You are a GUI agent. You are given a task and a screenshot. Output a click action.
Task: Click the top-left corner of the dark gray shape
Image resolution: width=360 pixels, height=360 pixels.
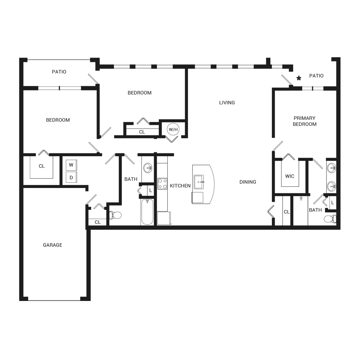(x=19, y=58)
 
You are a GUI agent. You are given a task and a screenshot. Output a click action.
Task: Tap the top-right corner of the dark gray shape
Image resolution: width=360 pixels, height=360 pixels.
(x=340, y=58)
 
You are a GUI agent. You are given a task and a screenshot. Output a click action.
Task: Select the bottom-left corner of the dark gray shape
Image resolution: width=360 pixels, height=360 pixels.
(x=19, y=301)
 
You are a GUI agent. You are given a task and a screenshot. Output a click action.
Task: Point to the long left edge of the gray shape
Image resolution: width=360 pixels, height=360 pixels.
(x=19, y=180)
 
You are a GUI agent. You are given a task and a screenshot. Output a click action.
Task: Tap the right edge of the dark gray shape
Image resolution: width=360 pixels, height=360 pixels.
(x=340, y=158)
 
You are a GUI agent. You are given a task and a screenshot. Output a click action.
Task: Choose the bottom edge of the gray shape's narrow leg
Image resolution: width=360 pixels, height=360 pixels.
(x=68, y=301)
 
